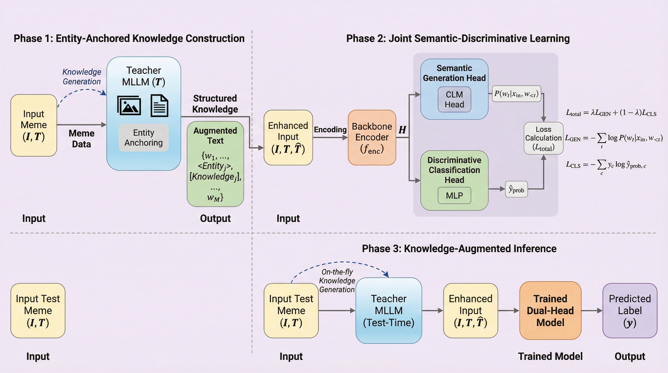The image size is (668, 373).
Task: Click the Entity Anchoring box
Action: [x=144, y=138]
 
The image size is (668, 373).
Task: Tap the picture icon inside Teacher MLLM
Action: [x=129, y=106]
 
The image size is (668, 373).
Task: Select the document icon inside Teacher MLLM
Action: [x=159, y=106]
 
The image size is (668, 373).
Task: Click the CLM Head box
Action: [x=454, y=100]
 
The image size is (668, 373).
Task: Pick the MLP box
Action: [x=454, y=195]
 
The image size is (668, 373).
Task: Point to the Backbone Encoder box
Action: [x=372, y=138]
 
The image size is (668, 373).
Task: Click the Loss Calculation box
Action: [x=543, y=138]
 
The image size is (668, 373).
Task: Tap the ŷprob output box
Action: [x=516, y=189]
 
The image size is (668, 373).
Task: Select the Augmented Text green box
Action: [x=215, y=164]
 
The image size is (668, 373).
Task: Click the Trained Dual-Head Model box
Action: [x=550, y=311]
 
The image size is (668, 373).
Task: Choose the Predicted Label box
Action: [x=630, y=311]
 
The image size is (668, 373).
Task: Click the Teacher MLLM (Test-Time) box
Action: [x=388, y=311]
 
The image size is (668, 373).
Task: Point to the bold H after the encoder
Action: [x=402, y=130]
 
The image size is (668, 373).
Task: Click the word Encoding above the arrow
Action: [x=330, y=129]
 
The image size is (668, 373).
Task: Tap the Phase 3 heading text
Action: [x=459, y=248]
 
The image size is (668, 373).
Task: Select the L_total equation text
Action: [x=611, y=113]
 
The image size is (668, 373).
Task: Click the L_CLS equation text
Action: [x=606, y=165]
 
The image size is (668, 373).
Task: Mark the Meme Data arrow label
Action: [x=81, y=138]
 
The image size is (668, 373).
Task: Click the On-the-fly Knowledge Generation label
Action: [x=337, y=281]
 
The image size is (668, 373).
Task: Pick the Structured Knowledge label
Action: [x=215, y=104]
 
